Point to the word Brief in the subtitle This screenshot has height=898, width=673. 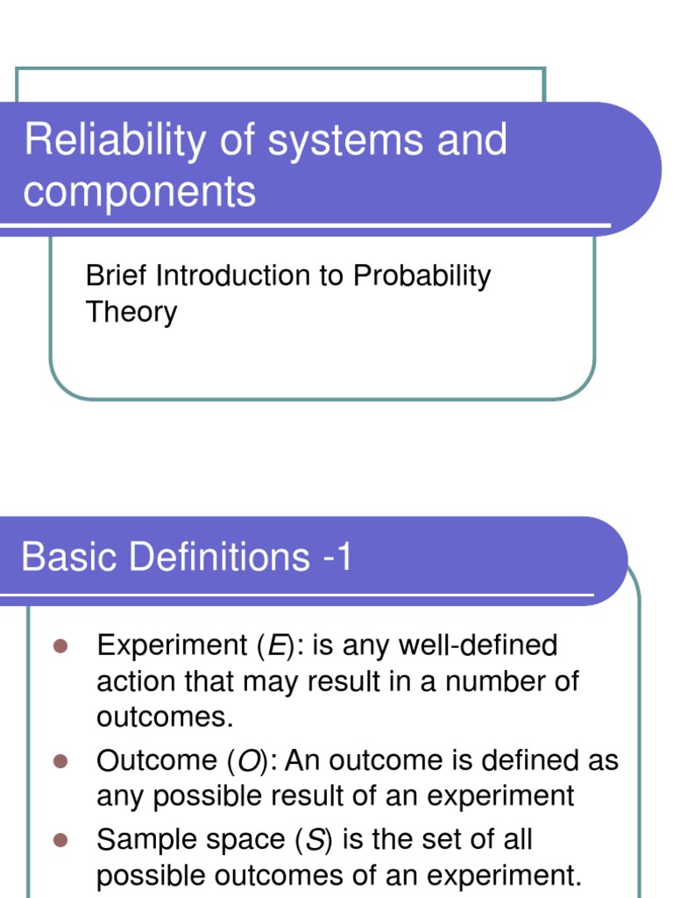(117, 275)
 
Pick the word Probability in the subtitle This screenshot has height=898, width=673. (422, 277)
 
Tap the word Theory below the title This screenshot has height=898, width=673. (131, 312)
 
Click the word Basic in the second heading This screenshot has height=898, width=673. (70, 557)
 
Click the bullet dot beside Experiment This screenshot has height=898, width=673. (60, 646)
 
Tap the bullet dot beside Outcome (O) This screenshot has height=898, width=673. (60, 759)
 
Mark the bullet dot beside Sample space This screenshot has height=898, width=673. (60, 839)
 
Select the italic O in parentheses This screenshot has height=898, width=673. (249, 760)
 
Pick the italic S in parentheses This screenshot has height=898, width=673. (314, 840)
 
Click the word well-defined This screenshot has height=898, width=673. (478, 646)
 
